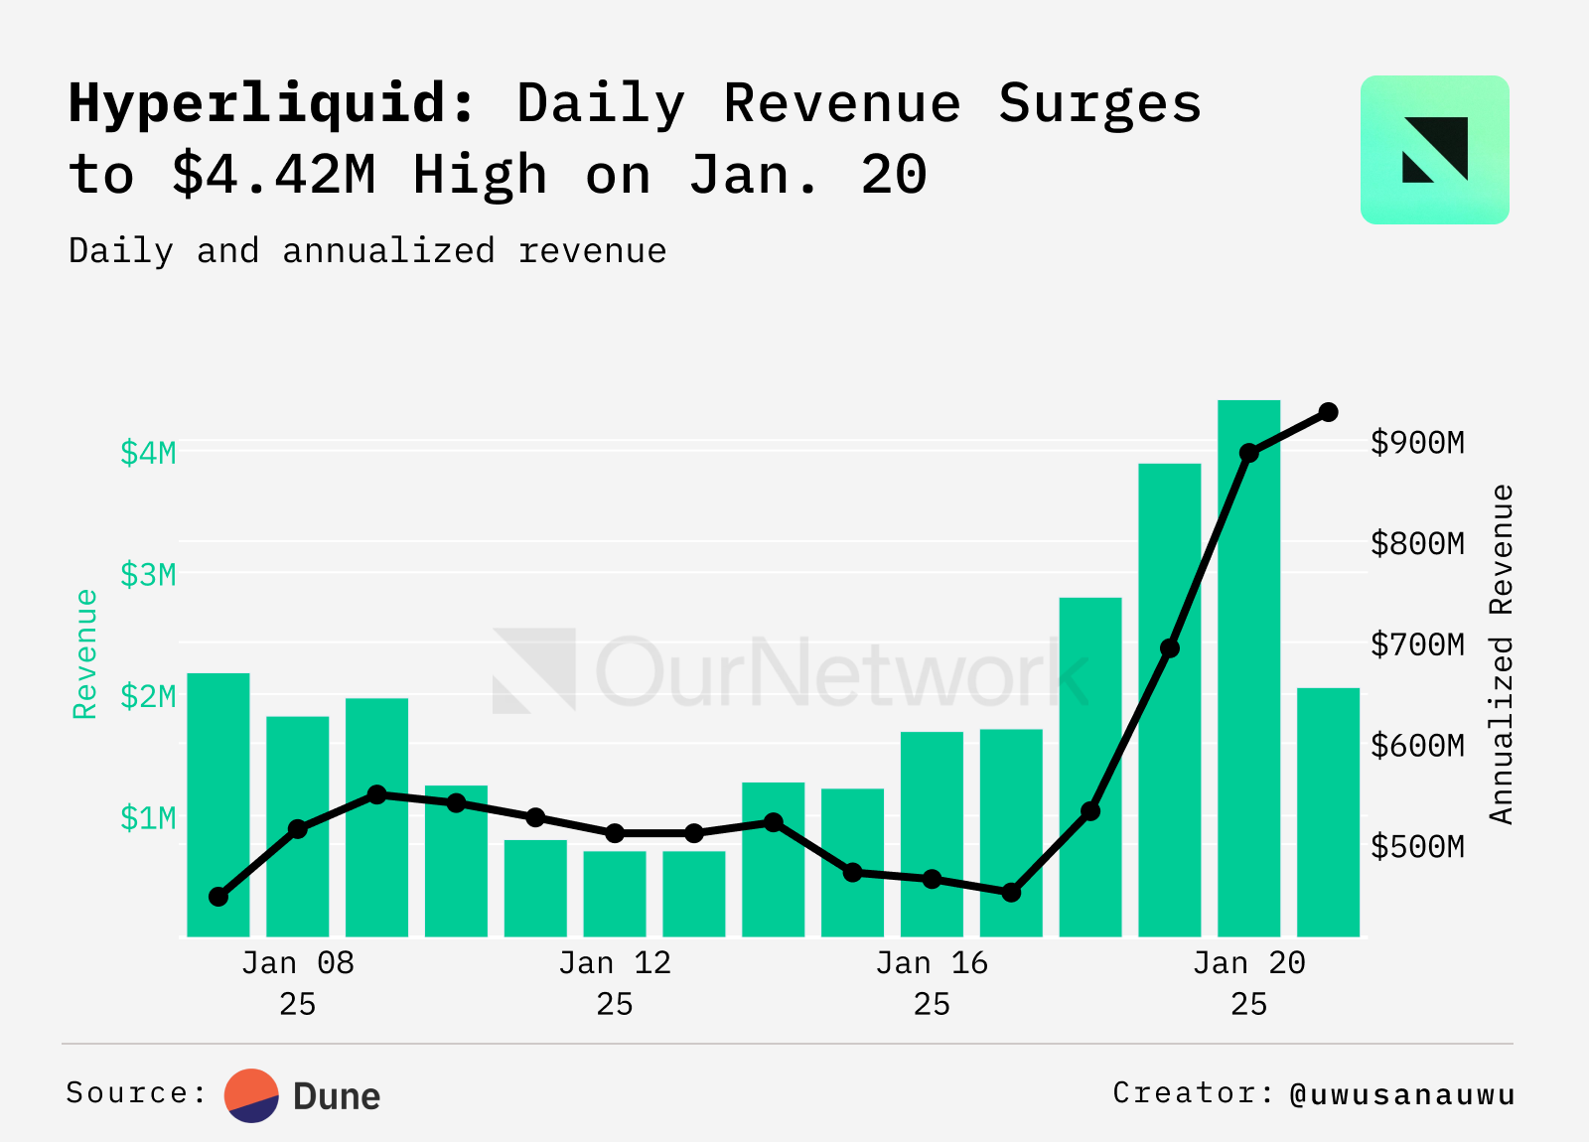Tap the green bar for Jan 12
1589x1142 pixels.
click(x=615, y=894)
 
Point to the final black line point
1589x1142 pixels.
click(x=1328, y=412)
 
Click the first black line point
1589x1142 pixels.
click(x=218, y=897)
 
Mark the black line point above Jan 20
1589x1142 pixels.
click(x=1248, y=453)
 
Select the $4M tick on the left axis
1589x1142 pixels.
click(x=148, y=453)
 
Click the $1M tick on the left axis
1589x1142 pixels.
click(x=148, y=818)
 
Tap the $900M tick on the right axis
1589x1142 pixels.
click(x=1417, y=442)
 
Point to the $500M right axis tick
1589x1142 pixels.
click(x=1417, y=846)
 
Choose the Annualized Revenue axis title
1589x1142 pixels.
click(x=1502, y=654)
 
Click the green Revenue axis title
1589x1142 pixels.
click(x=85, y=654)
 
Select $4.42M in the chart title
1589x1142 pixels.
click(x=274, y=175)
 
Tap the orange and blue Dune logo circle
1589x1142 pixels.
click(x=251, y=1095)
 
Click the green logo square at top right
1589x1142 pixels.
click(x=1434, y=150)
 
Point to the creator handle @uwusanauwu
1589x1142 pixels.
click(x=1402, y=1094)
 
